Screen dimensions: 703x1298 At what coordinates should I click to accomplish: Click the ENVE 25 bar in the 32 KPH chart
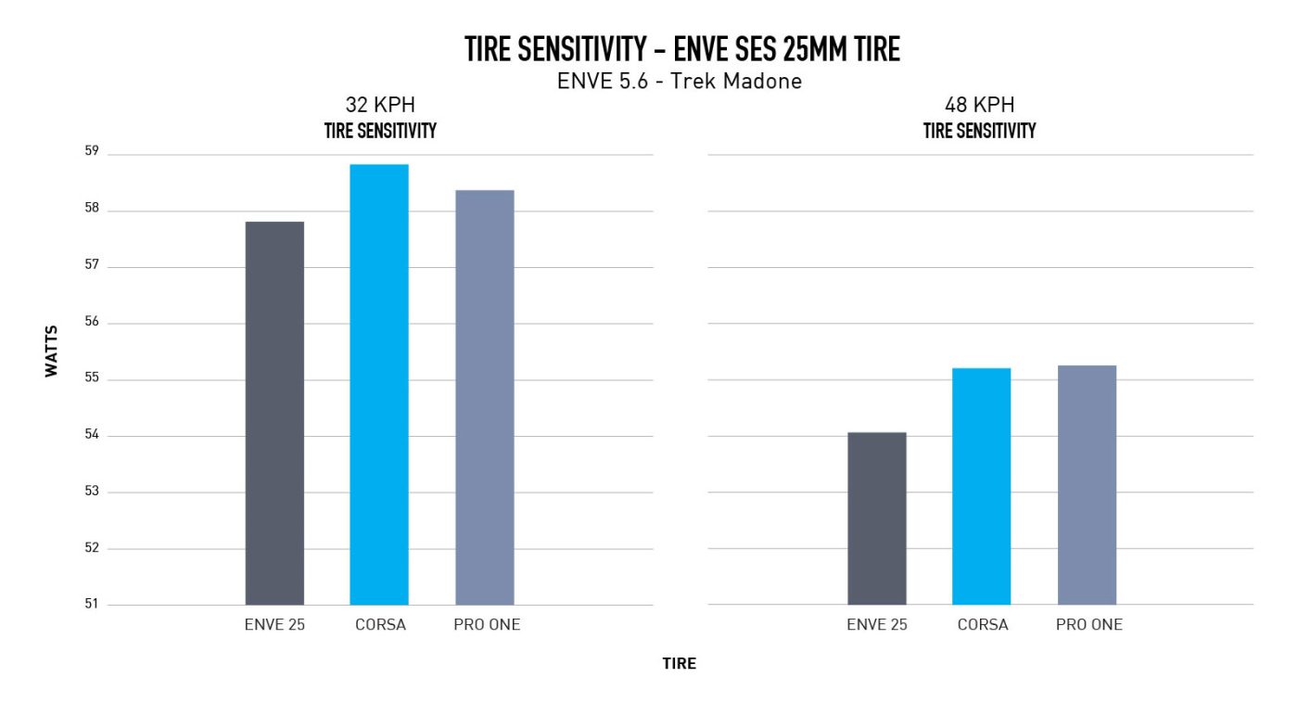274,413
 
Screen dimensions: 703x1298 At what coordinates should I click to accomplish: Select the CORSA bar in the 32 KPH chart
379,385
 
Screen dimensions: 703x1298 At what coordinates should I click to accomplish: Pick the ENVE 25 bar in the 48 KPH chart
877,518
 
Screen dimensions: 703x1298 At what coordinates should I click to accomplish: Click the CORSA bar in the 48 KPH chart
982,486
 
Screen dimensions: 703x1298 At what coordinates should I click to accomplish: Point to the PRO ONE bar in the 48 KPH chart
1087,485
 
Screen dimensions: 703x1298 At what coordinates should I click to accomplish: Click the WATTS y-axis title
52,351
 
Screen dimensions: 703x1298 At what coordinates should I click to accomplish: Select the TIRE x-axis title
679,664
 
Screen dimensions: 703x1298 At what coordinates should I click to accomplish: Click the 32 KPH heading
380,106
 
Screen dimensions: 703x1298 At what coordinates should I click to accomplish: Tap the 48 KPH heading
979,106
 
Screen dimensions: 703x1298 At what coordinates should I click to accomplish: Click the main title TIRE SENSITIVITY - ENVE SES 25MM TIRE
681,49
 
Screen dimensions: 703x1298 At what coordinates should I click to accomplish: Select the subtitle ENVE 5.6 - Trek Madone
680,81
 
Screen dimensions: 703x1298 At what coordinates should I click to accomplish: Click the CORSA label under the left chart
379,625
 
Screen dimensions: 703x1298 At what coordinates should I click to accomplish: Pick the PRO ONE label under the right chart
1088,625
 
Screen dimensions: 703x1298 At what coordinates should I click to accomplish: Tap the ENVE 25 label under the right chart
877,625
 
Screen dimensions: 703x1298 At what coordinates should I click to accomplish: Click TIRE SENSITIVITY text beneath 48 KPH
979,131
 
